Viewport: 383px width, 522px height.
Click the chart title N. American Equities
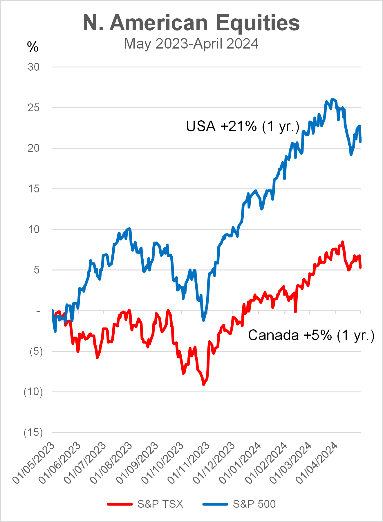pos(191,23)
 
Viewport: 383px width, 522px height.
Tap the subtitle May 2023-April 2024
pos(191,44)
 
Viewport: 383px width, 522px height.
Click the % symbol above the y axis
pos(33,47)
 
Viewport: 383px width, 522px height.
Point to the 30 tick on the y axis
pos(34,67)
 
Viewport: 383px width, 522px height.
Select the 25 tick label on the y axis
pos(34,108)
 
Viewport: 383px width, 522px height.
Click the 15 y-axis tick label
pos(34,189)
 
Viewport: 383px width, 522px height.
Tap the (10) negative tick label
pos(33,392)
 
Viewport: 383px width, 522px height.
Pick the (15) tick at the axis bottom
pos(33,432)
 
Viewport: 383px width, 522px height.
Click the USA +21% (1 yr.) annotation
pos(243,126)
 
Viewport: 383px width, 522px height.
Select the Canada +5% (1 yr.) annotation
pos(311,335)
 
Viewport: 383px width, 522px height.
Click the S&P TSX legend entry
pos(160,504)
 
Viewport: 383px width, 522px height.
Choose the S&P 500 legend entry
pos(254,504)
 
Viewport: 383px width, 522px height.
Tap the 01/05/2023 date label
pos(34,463)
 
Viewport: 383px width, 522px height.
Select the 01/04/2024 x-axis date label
pos(317,463)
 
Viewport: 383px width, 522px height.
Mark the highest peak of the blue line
pos(333,99)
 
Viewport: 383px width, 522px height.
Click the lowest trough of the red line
pos(203,385)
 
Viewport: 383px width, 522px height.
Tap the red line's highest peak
pos(343,242)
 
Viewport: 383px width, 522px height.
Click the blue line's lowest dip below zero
pos(203,320)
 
